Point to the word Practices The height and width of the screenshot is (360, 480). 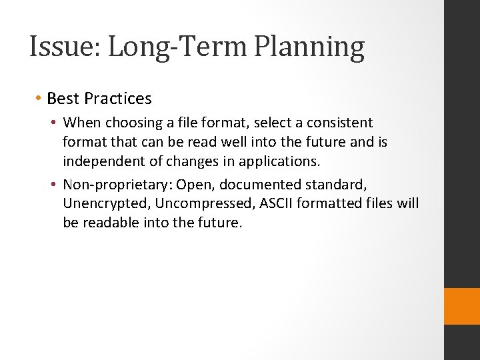(x=118, y=99)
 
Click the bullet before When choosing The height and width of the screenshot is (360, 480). (x=55, y=123)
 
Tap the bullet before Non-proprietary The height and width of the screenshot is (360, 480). (x=55, y=183)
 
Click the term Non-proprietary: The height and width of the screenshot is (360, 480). (x=117, y=183)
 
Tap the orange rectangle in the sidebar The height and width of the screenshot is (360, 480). (x=462, y=306)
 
